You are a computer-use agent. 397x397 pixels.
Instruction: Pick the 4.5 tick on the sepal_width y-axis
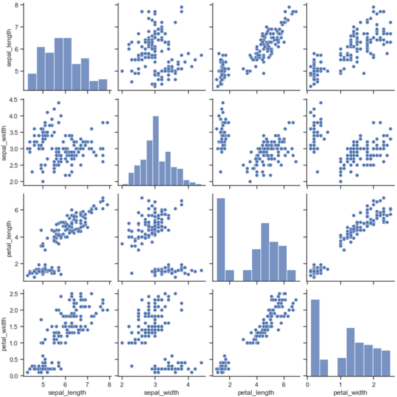[x=14, y=99]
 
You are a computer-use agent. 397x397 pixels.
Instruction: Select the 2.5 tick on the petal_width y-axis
[x=14, y=294]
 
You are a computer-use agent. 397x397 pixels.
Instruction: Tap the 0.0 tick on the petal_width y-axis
[x=14, y=376]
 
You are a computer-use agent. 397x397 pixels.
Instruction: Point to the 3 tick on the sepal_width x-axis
[x=156, y=383]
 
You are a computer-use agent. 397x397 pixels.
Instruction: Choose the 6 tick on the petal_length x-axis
[x=285, y=383]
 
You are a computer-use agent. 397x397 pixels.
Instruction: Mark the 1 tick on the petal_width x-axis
[x=340, y=383]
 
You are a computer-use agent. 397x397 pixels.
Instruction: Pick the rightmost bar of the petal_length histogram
[x=292, y=274]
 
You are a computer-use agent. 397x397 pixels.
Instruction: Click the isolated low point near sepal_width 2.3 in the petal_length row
[x=132, y=273]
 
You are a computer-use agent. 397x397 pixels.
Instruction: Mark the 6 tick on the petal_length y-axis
[x=16, y=210]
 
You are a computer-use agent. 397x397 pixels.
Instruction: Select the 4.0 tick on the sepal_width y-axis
[x=14, y=116]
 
